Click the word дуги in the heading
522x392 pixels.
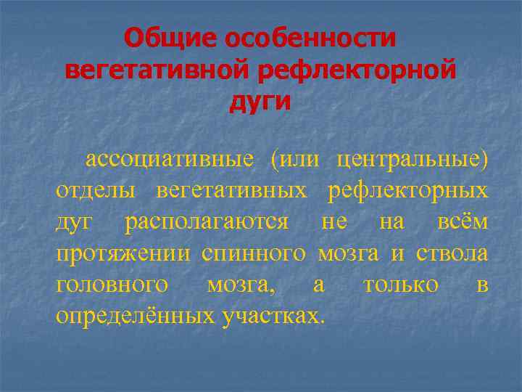260,102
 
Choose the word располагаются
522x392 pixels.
207,222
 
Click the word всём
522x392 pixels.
463,222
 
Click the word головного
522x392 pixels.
113,285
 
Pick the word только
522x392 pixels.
401,285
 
